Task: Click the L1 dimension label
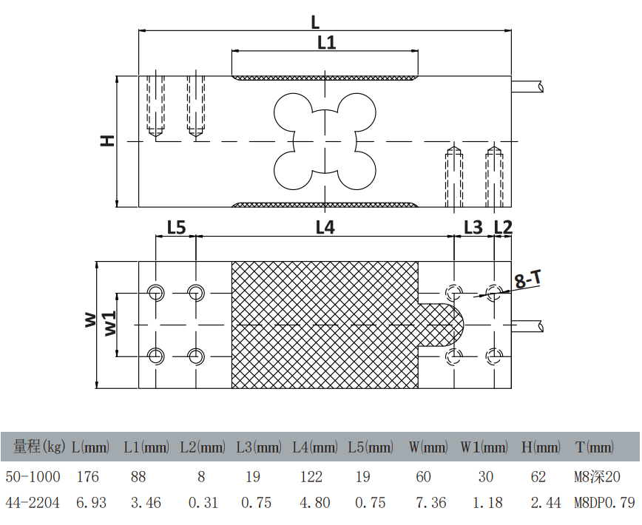(326, 42)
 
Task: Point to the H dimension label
(109, 140)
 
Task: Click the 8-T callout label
(527, 280)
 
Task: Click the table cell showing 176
(88, 477)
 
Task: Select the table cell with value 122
(311, 477)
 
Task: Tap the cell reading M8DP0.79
(604, 503)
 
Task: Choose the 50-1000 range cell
(33, 477)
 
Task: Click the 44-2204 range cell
(33, 503)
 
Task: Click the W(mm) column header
(428, 447)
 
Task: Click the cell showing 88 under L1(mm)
(139, 477)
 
